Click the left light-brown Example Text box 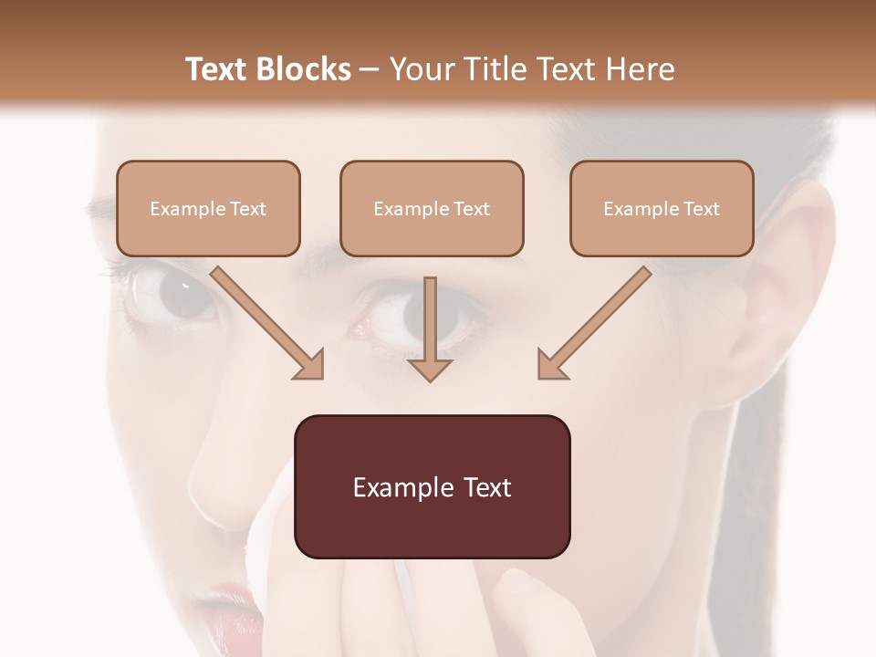208,208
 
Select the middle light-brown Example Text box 432,208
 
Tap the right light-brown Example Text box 662,208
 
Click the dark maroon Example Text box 432,486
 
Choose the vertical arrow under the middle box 430,328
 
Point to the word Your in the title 420,69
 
